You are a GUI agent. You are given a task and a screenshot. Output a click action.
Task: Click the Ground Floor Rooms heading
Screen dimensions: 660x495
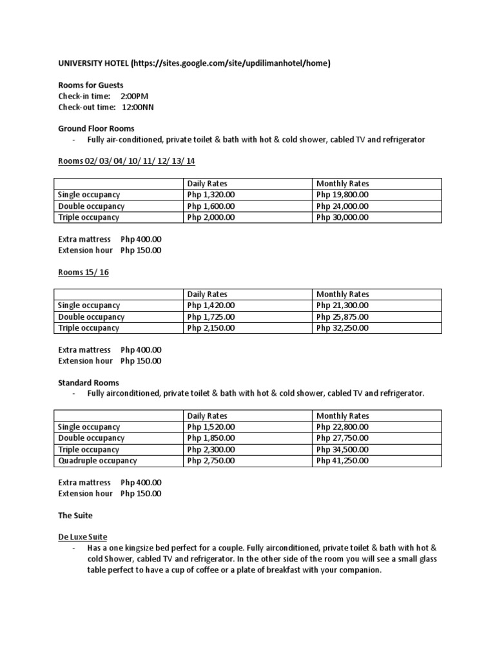point(96,129)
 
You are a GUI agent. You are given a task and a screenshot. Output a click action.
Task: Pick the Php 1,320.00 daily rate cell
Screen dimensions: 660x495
point(211,195)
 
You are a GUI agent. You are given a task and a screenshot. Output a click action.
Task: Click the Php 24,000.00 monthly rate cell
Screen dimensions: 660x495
point(343,206)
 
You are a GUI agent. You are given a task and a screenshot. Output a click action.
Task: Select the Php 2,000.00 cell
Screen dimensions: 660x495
point(211,217)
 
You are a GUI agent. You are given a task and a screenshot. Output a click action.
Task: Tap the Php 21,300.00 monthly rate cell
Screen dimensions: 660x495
point(342,306)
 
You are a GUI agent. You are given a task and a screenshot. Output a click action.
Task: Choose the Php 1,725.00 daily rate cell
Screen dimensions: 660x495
point(211,316)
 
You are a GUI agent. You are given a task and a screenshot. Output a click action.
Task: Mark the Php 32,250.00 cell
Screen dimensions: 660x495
point(342,328)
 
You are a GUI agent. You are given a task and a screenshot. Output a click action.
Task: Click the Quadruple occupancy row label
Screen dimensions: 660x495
point(97,461)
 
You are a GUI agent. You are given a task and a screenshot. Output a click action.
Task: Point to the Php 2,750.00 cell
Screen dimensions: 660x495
point(211,461)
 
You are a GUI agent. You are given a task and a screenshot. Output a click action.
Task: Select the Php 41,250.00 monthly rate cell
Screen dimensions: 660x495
point(342,461)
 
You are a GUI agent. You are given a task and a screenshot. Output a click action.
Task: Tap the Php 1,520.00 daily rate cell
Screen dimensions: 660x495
point(211,427)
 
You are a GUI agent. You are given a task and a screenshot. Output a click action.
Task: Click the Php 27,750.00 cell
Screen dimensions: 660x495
point(342,438)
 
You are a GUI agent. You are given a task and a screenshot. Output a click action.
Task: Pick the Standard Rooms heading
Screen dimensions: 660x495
point(88,383)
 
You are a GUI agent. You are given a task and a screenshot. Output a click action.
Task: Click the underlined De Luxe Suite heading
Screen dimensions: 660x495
point(82,537)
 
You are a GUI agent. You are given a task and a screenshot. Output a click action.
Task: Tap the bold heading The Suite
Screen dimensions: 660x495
point(75,516)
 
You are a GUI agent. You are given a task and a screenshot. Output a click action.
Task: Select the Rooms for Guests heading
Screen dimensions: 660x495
point(90,85)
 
